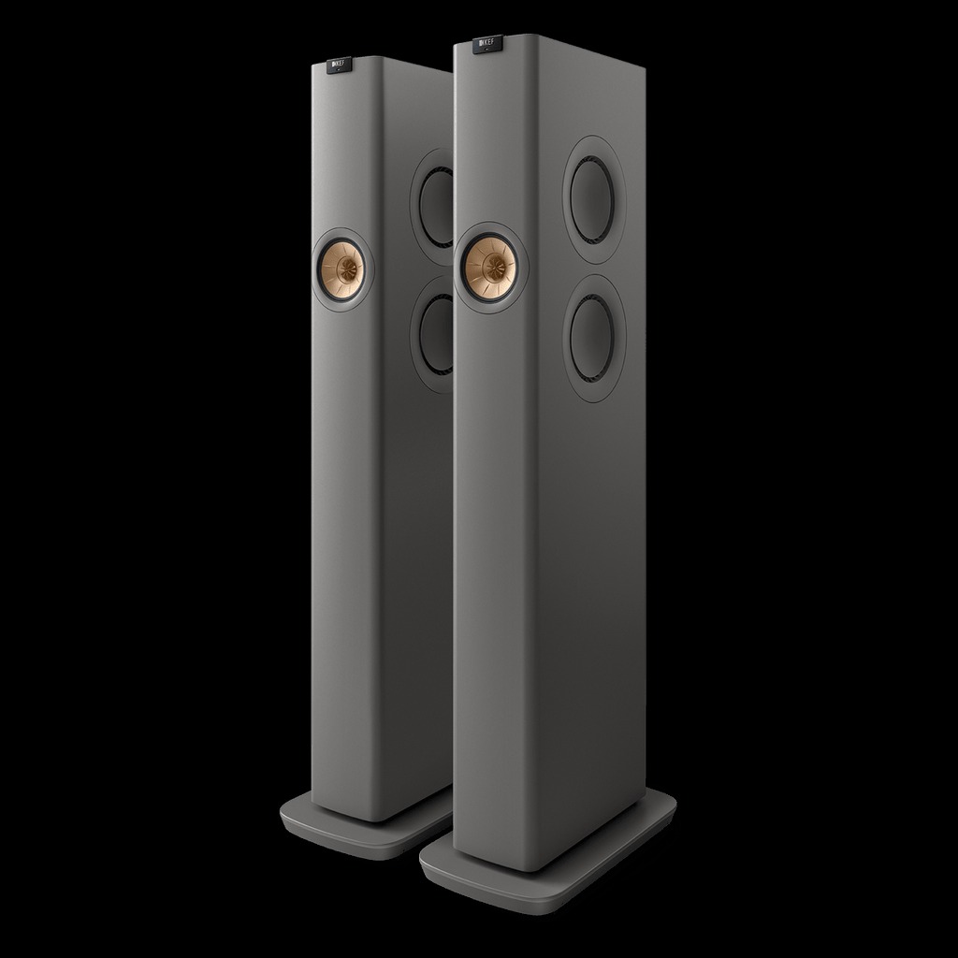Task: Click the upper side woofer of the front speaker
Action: pyautogui.click(x=592, y=200)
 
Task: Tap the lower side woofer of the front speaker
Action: pyautogui.click(x=592, y=338)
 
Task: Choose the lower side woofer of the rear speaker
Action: pyautogui.click(x=438, y=334)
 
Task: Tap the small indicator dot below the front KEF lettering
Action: pyautogui.click(x=487, y=51)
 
